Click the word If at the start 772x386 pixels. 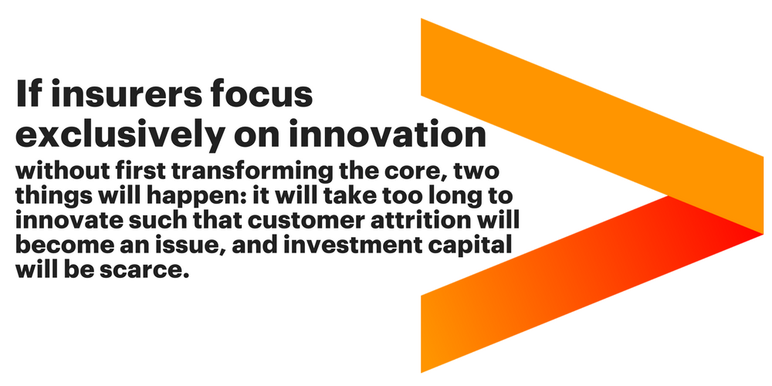(x=28, y=93)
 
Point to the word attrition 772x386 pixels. (x=411, y=221)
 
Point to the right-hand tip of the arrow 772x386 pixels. (x=763, y=233)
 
